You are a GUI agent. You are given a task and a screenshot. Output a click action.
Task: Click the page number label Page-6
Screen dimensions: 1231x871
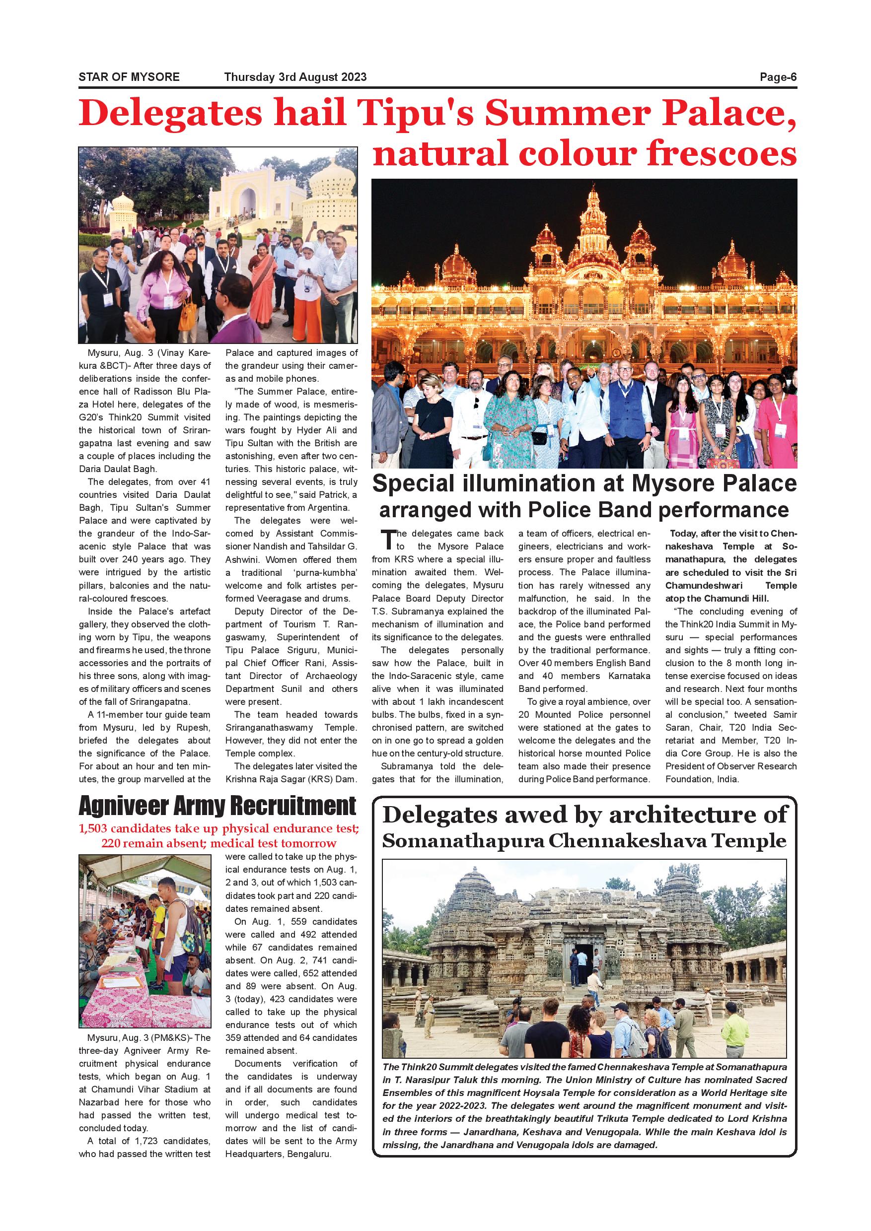coord(778,77)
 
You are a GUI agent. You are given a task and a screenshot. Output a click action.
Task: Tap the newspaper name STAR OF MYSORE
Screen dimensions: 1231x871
coord(129,77)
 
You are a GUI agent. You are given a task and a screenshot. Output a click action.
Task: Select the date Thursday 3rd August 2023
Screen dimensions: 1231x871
coord(295,77)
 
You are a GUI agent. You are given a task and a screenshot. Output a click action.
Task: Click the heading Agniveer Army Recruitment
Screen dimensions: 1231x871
coord(217,806)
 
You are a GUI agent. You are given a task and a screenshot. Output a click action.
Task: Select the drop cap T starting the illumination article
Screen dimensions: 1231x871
coord(386,540)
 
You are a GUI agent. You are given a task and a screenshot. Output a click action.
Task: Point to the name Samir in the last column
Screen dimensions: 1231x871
coord(785,715)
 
